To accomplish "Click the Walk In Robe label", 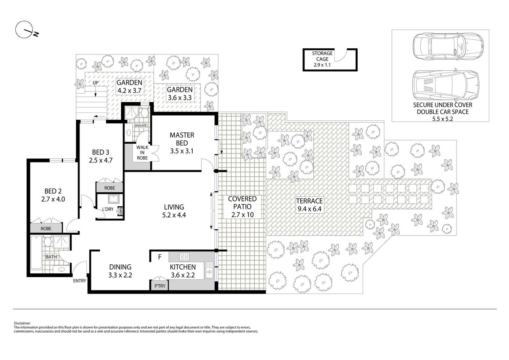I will click(x=142, y=153).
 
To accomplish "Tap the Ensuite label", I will click(x=141, y=125).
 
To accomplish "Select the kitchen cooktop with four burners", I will click(x=184, y=257).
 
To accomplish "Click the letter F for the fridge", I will click(x=159, y=257).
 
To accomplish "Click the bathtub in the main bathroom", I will click(x=36, y=252).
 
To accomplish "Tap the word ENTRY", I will click(x=79, y=281).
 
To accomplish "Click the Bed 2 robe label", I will click(x=46, y=228).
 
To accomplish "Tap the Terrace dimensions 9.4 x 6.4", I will click(x=309, y=209).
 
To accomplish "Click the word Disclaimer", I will click(x=22, y=323).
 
